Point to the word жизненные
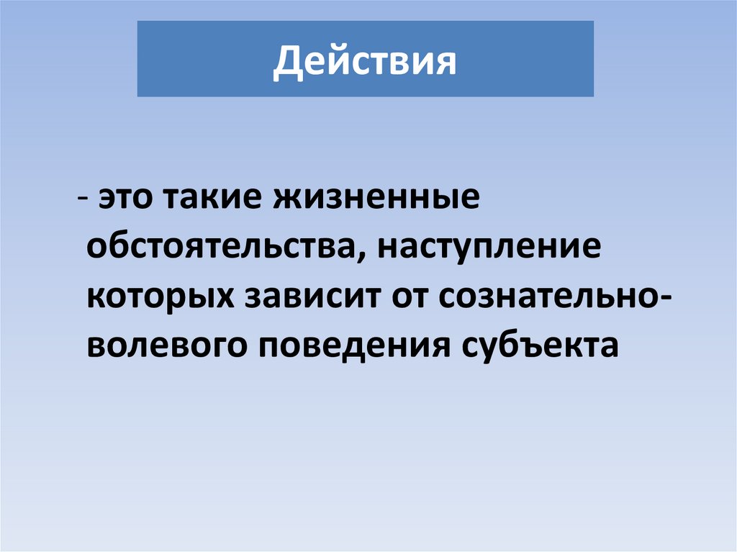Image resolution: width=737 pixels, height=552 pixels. click(375, 199)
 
